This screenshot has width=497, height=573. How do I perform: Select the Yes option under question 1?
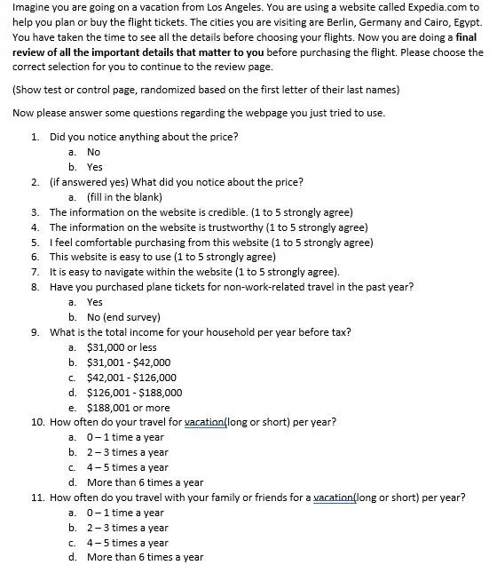coord(95,166)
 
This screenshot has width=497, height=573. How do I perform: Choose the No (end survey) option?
coord(123,317)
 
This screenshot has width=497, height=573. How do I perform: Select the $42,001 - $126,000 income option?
coord(131,378)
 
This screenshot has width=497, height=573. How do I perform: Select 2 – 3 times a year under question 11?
coord(127,528)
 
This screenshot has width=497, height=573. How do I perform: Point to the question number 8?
coord(34,287)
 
